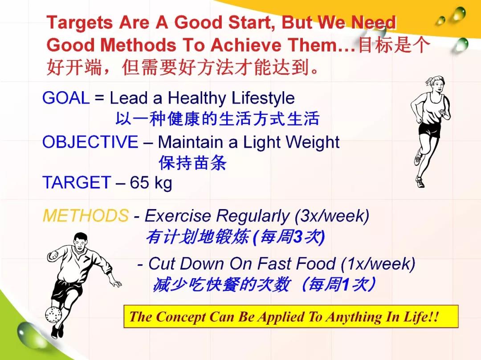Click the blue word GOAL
click(x=66, y=98)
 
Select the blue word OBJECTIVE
click(x=90, y=142)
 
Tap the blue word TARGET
click(x=77, y=182)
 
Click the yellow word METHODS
click(x=86, y=215)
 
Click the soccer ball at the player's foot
click(x=53, y=314)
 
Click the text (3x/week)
click(x=332, y=216)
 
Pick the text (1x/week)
click(x=378, y=264)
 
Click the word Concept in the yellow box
click(x=181, y=317)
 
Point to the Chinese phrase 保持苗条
click(x=193, y=162)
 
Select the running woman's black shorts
click(x=429, y=130)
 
